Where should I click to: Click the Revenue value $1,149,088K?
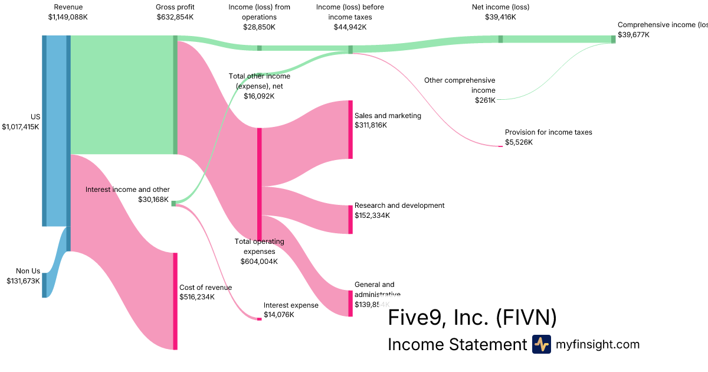click(x=68, y=17)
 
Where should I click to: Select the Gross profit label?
click(x=175, y=7)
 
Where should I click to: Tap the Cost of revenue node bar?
click(x=175, y=301)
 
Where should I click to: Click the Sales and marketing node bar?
click(x=350, y=129)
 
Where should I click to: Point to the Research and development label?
click(x=399, y=205)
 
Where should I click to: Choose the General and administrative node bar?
click(x=350, y=304)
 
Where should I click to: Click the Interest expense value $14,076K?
click(x=278, y=315)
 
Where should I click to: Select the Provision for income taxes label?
click(x=548, y=132)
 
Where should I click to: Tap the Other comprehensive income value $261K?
click(x=485, y=100)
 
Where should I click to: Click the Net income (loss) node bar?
click(x=501, y=39)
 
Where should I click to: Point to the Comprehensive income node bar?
click(x=613, y=39)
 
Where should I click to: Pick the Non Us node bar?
click(x=44, y=285)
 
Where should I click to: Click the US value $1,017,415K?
click(x=21, y=126)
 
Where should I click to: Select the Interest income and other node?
click(x=173, y=203)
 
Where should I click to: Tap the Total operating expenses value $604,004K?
click(x=259, y=261)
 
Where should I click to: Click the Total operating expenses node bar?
click(x=259, y=184)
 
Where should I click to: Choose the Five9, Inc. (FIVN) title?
click(x=472, y=318)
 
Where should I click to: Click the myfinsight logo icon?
click(x=541, y=344)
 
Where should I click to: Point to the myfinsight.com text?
click(x=598, y=344)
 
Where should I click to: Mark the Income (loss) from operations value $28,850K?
click(x=259, y=27)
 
